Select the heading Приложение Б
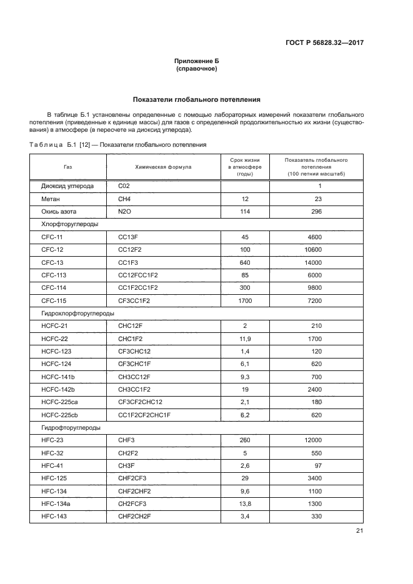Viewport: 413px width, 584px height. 197,61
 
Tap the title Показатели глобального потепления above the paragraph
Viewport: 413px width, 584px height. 197,99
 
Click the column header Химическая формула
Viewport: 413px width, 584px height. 164,167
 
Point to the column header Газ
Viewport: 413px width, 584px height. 67,167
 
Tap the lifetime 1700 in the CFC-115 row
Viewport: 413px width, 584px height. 245,301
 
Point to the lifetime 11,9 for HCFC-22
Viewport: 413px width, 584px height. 245,339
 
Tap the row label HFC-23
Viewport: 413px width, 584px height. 52,441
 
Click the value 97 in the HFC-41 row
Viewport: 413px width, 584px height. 317,467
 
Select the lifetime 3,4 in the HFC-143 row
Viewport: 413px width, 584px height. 245,517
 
